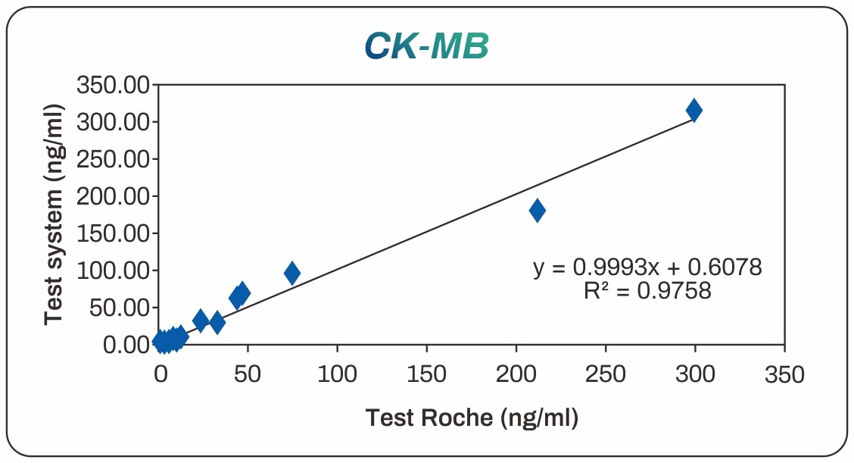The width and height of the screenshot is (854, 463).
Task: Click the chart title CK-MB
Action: click(426, 47)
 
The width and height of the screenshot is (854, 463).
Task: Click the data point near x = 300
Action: click(693, 110)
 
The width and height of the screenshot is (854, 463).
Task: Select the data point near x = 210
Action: click(537, 210)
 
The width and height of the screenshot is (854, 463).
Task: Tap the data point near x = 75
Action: click(291, 273)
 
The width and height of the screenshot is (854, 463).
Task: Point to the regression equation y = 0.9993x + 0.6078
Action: click(647, 267)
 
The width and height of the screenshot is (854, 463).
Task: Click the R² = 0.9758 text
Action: click(647, 290)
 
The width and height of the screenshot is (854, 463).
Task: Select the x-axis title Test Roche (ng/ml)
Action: click(472, 417)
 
